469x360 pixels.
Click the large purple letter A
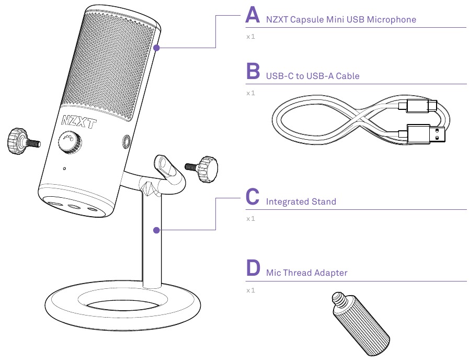coord(253,15)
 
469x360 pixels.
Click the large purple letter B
coord(253,72)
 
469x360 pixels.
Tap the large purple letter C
coord(253,197)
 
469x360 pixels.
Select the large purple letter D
coord(253,268)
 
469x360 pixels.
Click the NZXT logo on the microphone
coord(79,122)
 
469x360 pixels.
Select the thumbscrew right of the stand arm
coord(207,168)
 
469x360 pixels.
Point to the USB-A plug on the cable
coord(427,134)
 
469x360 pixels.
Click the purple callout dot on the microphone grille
coord(156,48)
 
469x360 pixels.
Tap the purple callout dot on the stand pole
coord(156,230)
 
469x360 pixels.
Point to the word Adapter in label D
coord(331,273)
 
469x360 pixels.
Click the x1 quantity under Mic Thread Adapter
coord(250,290)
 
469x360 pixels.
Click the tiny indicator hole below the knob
coord(64,169)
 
